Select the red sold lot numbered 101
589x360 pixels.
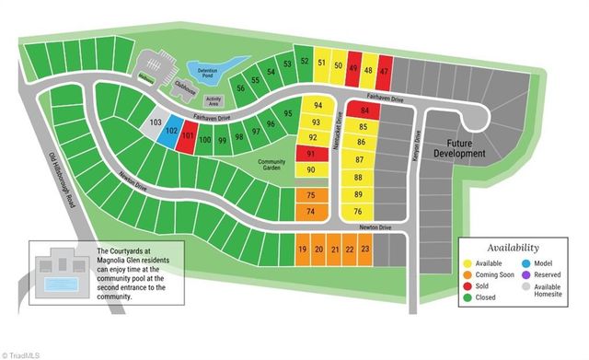coord(187,138)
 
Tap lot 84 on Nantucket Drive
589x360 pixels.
coord(364,110)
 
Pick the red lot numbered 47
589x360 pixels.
coord(385,69)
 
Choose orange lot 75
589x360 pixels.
coord(310,195)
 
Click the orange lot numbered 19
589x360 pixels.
coord(303,250)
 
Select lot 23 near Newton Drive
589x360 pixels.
coord(364,250)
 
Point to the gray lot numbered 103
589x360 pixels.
coord(156,123)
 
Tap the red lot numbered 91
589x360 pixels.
coord(310,154)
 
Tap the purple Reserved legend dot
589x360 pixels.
coord(525,274)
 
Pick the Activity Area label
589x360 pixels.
coord(214,101)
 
